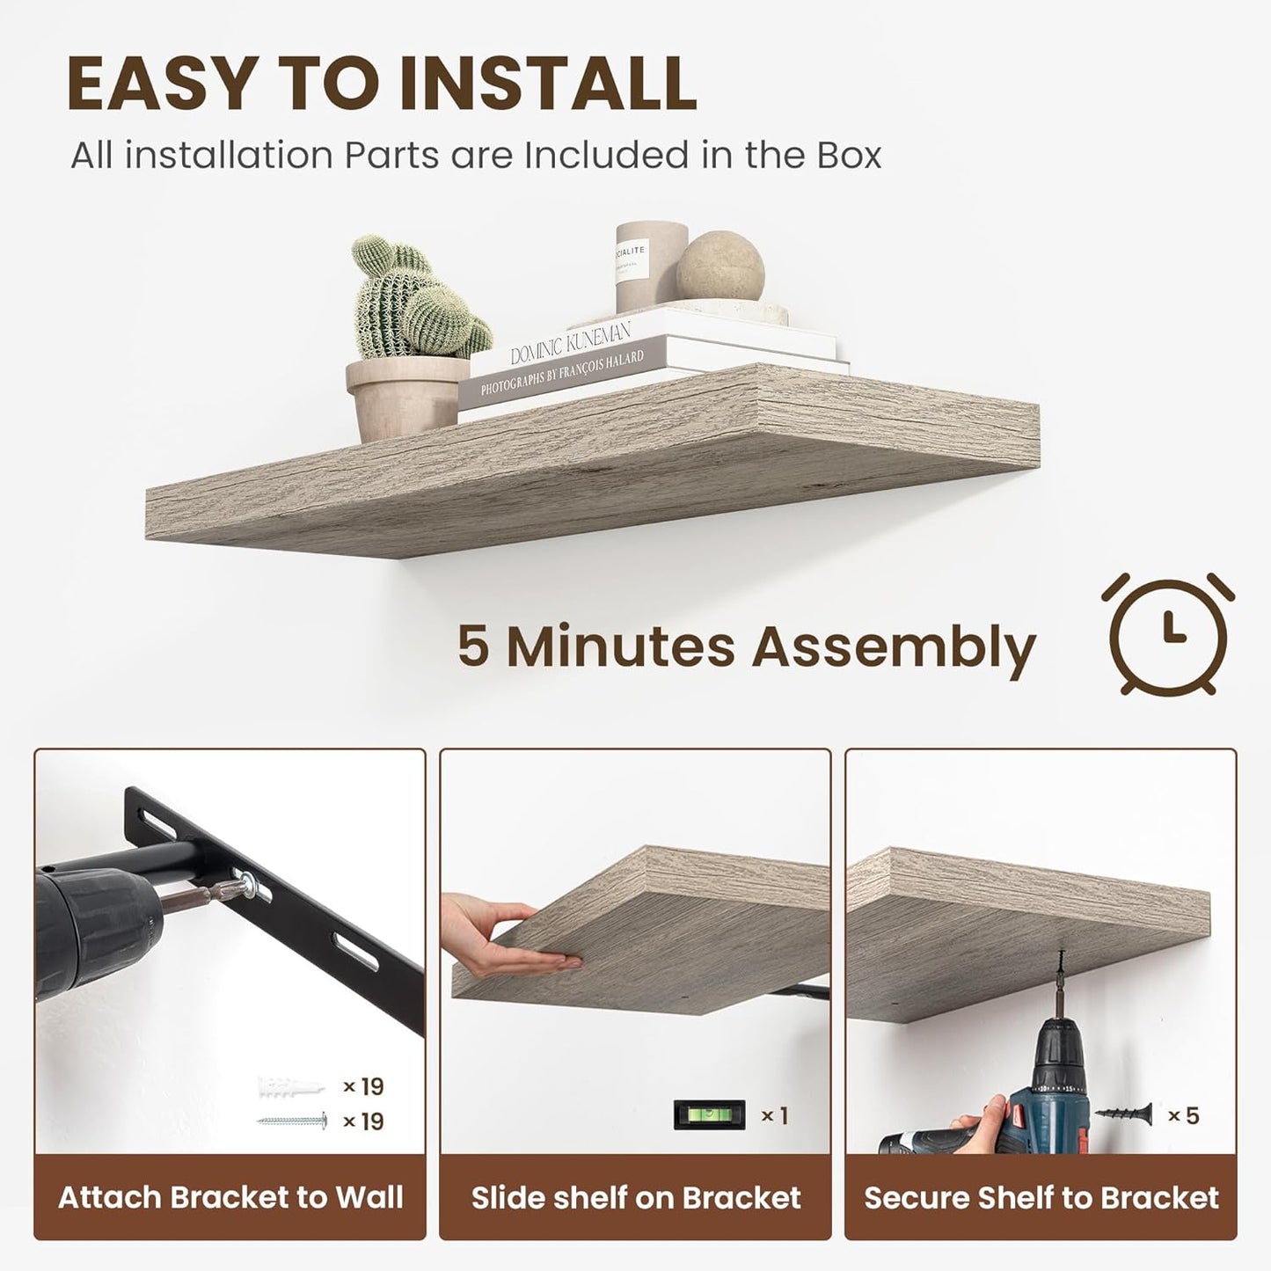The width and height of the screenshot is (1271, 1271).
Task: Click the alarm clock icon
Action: pyautogui.click(x=1167, y=634)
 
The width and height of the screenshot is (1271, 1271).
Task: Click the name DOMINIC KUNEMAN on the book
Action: pyautogui.click(x=571, y=343)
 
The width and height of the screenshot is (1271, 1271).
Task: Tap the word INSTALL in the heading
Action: pyautogui.click(x=547, y=84)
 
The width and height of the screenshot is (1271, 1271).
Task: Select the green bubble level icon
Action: pyautogui.click(x=709, y=1114)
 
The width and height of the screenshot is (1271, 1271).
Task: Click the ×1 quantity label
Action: pyautogui.click(x=774, y=1115)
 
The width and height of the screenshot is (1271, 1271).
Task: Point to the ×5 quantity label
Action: pyautogui.click(x=1183, y=1115)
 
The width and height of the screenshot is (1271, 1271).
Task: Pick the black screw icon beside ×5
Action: pyautogui.click(x=1123, y=1114)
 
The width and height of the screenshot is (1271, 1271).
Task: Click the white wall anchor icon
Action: pyautogui.click(x=290, y=1087)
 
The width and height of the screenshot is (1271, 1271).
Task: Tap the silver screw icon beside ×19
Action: pyautogui.click(x=292, y=1121)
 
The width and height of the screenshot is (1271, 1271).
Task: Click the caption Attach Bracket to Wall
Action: pyautogui.click(x=230, y=1197)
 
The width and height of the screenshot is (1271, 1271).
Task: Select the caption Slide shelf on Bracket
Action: pyautogui.click(x=636, y=1197)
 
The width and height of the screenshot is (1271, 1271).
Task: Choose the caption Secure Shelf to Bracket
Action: pyautogui.click(x=1041, y=1197)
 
